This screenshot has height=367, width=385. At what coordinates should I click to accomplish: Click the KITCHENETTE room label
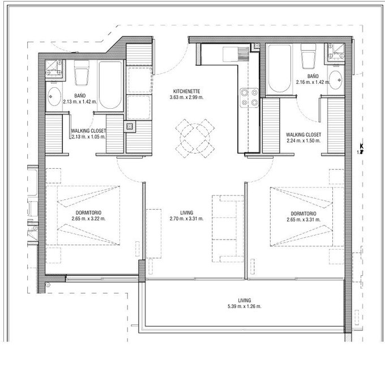pyautogui.click(x=187, y=91)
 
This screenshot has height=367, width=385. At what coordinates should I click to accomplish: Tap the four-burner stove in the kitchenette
pyautogui.click(x=249, y=97)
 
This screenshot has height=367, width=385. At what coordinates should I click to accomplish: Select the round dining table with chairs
pyautogui.click(x=195, y=138)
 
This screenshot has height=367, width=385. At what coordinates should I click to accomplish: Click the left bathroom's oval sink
pyautogui.click(x=54, y=96)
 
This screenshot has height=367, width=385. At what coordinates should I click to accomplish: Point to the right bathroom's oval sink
pyautogui.click(x=336, y=80)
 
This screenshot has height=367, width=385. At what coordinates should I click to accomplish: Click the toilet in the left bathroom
pyautogui.click(x=82, y=72)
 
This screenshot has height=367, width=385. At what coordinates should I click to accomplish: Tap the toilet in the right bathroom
pyautogui.click(x=309, y=56)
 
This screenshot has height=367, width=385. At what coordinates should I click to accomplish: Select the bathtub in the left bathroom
pyautogui.click(x=110, y=85)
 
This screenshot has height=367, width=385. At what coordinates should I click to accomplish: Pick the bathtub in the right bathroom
pyautogui.click(x=280, y=69)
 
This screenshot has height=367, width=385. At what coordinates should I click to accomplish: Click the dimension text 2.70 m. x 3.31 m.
pyautogui.click(x=187, y=219)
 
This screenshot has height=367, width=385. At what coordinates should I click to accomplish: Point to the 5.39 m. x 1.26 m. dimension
pyautogui.click(x=245, y=306)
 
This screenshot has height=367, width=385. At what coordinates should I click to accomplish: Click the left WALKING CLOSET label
pyautogui.click(x=88, y=131)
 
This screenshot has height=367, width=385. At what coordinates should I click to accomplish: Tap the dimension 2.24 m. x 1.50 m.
pyautogui.click(x=303, y=140)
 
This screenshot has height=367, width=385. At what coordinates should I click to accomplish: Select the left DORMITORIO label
pyautogui.click(x=88, y=212)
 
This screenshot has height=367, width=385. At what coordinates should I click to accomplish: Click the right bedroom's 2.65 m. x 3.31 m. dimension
pyautogui.click(x=303, y=219)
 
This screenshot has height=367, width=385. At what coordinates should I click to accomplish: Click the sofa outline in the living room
pyautogui.click(x=228, y=228)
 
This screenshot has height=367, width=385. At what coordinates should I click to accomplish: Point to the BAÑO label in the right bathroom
pyautogui.click(x=313, y=76)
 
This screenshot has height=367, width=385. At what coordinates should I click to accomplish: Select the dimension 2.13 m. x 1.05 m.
pyautogui.click(x=89, y=136)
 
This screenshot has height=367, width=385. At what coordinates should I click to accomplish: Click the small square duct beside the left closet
pyautogui.click(x=130, y=126)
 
